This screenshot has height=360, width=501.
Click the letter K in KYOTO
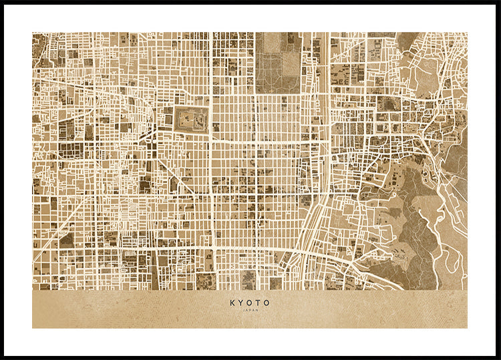coord(232,303)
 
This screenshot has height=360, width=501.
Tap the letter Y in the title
coord(241,303)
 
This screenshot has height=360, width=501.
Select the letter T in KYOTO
coord(259,303)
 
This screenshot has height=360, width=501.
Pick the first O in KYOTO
coord(250,303)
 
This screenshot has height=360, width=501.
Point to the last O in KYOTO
coord(267,303)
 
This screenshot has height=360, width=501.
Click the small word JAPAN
coord(251,310)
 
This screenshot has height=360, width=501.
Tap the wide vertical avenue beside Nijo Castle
coord(211,134)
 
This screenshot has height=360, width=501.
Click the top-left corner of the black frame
coord(3,3)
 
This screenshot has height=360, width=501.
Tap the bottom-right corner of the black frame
coord(498,357)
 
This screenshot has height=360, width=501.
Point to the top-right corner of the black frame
coord(498,3)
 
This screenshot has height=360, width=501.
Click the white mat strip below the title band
coord(251,341)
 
